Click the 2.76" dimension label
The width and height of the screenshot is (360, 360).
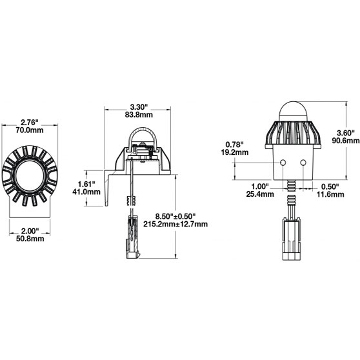pos(30,121)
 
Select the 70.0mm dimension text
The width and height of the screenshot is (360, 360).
pos(30,130)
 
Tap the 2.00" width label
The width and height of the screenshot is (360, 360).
pos(30,230)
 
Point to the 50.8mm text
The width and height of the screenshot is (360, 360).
pos(30,239)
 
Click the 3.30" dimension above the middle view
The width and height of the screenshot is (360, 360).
pos(139,106)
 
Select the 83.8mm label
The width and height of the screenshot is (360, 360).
pos(139,115)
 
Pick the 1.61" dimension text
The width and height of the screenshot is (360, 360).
pos(90,184)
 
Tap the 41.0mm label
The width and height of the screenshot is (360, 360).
pos(90,192)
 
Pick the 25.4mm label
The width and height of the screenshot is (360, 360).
pos(265,194)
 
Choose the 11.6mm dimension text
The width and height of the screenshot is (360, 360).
pos(332,194)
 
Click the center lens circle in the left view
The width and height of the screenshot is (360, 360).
pos(30,174)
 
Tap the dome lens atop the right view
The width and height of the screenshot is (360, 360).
pos(292,112)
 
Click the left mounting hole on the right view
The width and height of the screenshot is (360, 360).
pos(281,163)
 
